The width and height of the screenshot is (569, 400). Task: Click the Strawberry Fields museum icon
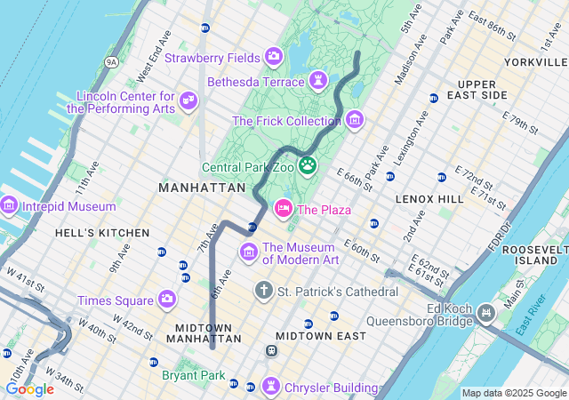point(274,58)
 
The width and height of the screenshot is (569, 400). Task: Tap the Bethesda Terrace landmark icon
point(318,82)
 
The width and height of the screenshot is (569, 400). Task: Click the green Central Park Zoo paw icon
point(308,164)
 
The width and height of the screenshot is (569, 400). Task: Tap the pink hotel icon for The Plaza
point(284,209)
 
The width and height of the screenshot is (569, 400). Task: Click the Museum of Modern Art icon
point(250,253)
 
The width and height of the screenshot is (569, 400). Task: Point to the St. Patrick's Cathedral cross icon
point(263,291)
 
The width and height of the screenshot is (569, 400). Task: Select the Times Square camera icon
point(166,300)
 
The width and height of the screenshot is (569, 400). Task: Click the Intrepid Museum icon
point(9,206)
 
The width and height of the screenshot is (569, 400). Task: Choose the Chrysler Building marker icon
point(270,387)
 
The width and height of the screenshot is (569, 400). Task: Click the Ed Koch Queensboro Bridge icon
point(486,313)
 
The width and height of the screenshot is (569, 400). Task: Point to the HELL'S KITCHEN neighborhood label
point(103,233)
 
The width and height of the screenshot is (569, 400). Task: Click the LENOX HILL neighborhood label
point(430,199)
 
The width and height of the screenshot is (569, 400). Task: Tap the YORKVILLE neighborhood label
point(534,62)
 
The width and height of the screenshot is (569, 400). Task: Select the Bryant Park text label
point(194,376)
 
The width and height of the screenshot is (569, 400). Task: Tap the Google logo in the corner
point(29,388)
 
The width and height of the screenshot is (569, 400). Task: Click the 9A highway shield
point(111,61)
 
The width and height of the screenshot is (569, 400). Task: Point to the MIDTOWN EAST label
point(320,336)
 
